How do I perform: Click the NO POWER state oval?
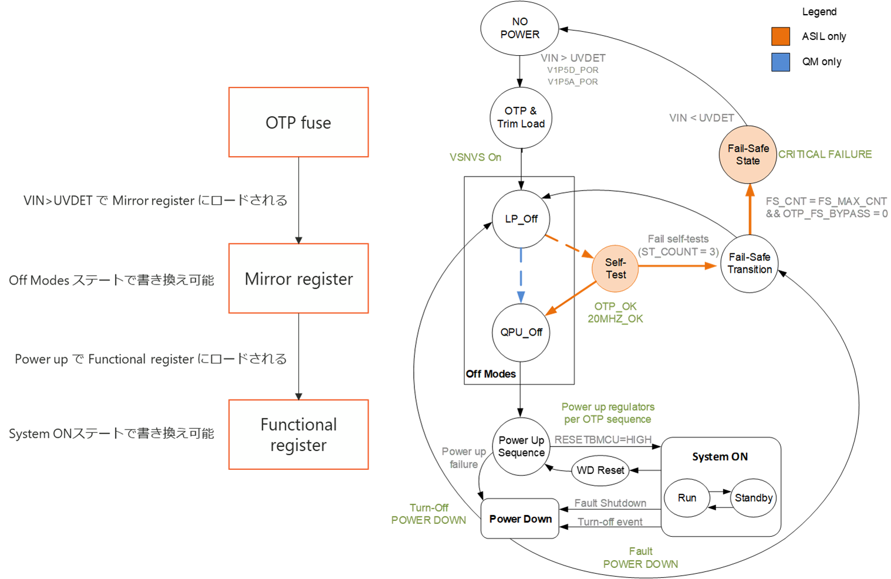[519, 28]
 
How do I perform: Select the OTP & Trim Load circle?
[521, 118]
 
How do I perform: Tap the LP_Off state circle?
[521, 219]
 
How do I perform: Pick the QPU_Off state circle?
[521, 333]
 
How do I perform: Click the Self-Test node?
[615, 269]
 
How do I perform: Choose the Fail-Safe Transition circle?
[750, 263]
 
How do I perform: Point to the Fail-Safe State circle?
[748, 155]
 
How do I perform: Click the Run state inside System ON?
[687, 498]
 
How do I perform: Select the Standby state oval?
[753, 498]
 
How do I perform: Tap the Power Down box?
[520, 519]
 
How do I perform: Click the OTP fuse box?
[298, 123]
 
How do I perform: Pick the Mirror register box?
[298, 279]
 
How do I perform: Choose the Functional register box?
[298, 435]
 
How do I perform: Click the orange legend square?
[780, 36]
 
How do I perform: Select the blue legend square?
[780, 62]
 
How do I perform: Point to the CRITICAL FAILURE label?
[825, 154]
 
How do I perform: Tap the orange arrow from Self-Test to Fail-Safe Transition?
[678, 266]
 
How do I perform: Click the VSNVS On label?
[475, 157]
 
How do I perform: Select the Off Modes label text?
[491, 374]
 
